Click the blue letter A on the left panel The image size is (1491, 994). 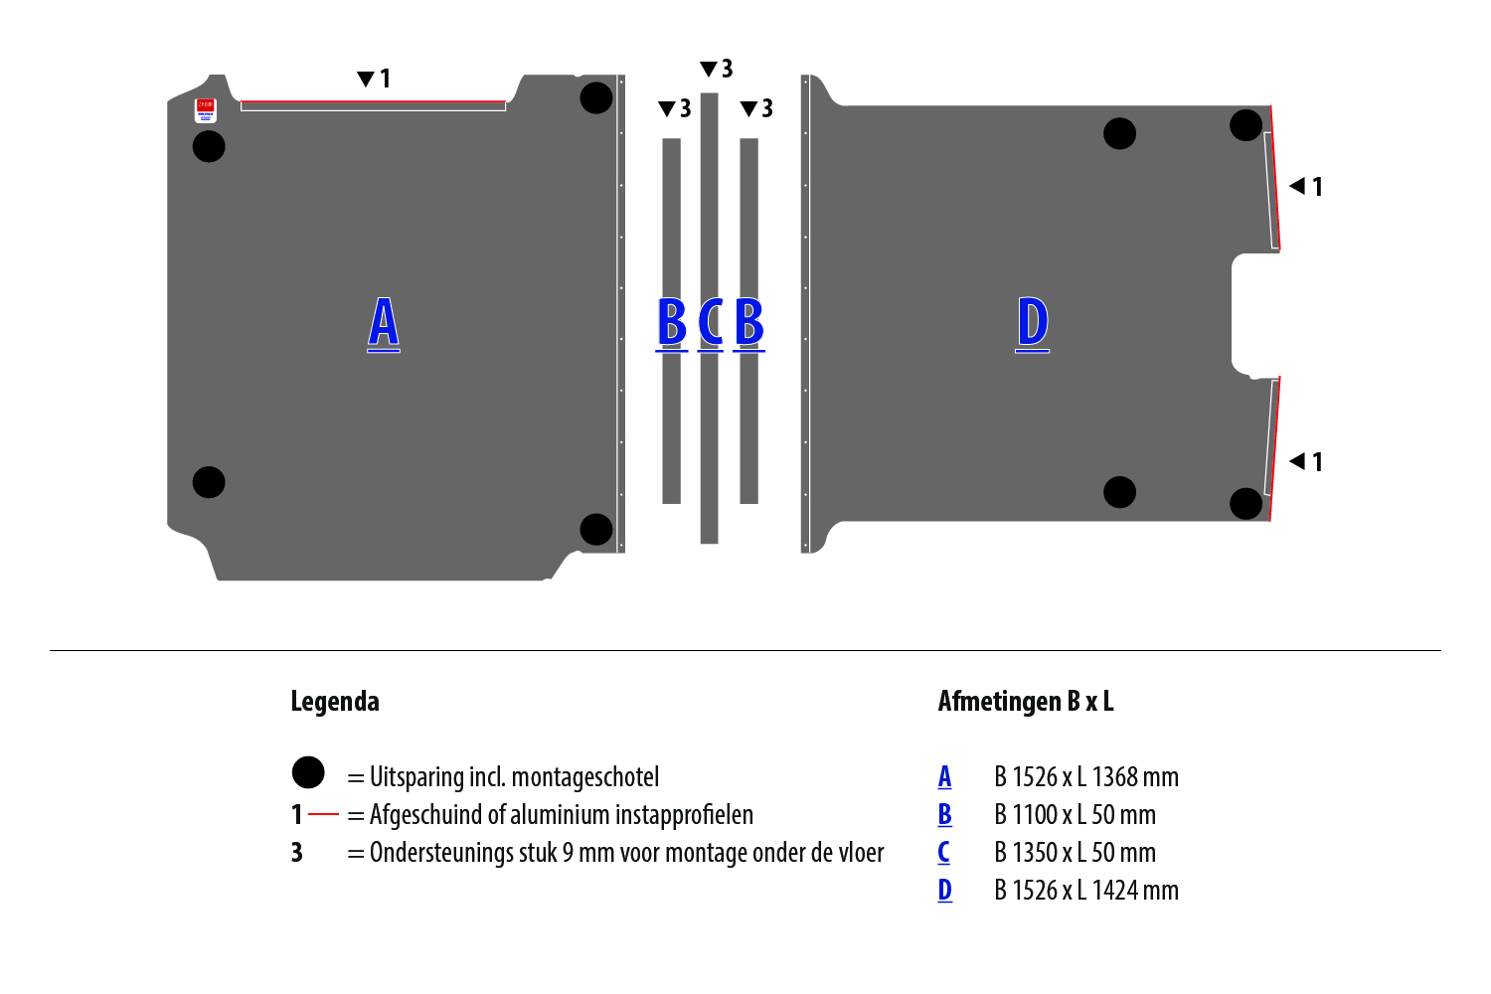pos(384,323)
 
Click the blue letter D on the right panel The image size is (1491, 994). pos(1033,323)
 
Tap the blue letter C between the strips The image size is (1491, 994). pos(711,323)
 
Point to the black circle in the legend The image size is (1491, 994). pos(308,772)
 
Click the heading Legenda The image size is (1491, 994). pos(335,702)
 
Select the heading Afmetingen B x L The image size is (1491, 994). pos(1026,702)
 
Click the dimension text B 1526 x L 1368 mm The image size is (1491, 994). pos(1086,777)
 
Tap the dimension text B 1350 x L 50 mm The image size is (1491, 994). pos(1075,853)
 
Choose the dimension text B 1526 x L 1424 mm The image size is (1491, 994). pos(1086,891)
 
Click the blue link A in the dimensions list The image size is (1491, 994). pos(944,777)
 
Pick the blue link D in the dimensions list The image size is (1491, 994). pos(944,891)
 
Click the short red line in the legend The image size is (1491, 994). pos(324,814)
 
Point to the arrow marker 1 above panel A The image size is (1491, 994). pos(374,79)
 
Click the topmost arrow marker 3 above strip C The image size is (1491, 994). pos(716,69)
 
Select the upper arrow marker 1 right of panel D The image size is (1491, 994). pos(1305,186)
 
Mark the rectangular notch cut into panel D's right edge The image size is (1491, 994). pos(1254,314)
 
